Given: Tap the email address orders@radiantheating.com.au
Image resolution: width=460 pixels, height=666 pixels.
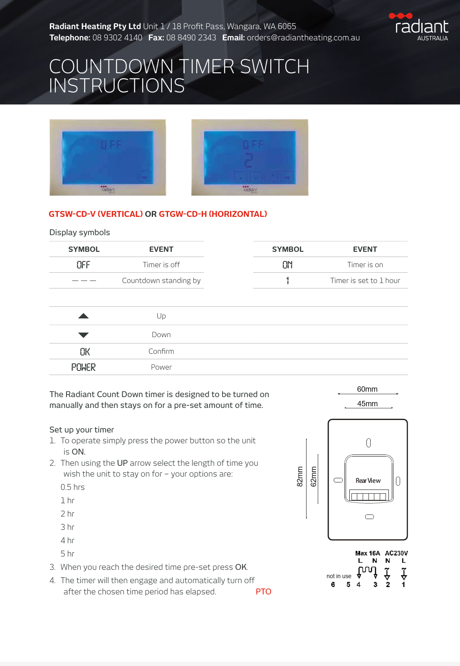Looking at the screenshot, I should point(303,37).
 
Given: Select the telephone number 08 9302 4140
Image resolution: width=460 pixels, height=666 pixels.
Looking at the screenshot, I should point(117,37).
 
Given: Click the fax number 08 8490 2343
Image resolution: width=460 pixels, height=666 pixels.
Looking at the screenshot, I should point(191,37).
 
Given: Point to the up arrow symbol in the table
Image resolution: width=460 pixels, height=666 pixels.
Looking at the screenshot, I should point(84,316).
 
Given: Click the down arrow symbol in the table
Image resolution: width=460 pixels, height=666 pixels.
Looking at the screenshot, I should point(84,335).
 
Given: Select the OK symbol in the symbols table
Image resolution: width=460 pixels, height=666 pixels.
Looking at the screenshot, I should point(85,352).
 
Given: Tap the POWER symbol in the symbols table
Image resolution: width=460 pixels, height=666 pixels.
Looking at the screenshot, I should point(84,367).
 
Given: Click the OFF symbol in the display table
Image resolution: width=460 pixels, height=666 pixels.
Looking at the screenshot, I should point(83,265).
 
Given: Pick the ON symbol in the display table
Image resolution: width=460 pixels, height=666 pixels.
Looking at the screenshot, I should point(287,265).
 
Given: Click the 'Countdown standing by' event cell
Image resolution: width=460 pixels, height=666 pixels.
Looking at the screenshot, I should point(161,281).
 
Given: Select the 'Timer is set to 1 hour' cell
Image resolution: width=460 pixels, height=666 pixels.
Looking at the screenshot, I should point(365,281).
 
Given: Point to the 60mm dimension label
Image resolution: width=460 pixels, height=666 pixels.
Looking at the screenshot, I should point(367,389).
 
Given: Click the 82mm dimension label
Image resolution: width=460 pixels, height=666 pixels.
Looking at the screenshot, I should point(300,477).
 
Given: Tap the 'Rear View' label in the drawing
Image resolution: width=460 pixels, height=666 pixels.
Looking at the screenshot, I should point(368,480).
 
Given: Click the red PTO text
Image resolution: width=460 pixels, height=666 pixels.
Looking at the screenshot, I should point(263,591).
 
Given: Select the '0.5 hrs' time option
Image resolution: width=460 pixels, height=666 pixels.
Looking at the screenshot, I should point(72,487).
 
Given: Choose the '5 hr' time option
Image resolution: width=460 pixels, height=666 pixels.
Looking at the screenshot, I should point(67,554).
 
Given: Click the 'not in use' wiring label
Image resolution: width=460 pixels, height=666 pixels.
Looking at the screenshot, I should point(339,576).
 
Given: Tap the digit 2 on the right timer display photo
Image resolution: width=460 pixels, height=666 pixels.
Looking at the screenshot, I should point(248,161).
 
